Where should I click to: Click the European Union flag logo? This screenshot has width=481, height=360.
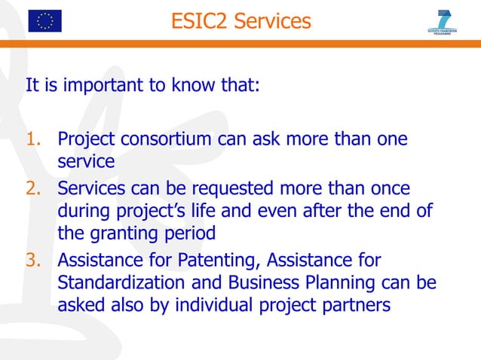point(45,20)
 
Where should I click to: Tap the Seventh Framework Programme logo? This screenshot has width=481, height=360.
point(443,22)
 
